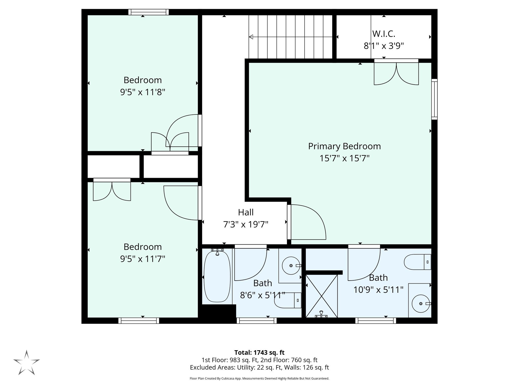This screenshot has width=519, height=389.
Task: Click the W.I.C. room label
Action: click(384, 34)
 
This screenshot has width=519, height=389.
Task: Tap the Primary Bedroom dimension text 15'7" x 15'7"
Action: click(344, 159)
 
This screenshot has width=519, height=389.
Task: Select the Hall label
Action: click(246, 212)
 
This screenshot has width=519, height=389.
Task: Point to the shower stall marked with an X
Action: click(322, 296)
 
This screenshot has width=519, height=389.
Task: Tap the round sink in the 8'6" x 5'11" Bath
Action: click(291, 266)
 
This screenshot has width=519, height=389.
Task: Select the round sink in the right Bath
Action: click(421, 303)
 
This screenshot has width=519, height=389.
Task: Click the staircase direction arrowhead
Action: click(251, 37)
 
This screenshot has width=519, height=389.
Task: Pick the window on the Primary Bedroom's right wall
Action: click(434, 99)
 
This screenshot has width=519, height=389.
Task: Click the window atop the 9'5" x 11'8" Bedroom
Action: click(148, 12)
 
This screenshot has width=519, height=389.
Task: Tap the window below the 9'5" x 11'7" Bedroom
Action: click(139, 321)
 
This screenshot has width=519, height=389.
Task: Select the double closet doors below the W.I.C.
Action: click(396, 73)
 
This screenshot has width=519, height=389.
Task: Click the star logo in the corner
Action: click(27, 362)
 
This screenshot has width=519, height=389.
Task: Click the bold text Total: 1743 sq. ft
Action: click(259, 353)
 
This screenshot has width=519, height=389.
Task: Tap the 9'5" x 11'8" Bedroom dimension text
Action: click(143, 92)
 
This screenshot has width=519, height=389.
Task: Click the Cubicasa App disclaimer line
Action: click(259, 379)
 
